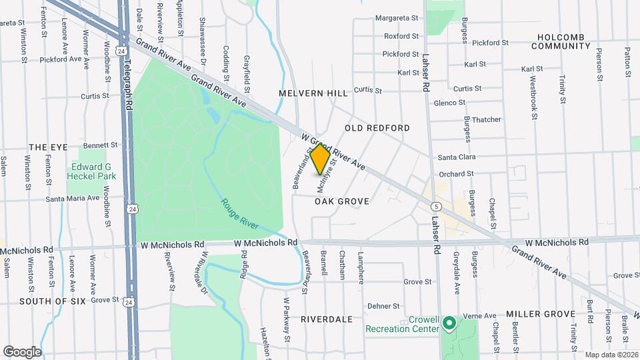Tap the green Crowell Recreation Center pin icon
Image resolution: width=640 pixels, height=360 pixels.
point(449,324)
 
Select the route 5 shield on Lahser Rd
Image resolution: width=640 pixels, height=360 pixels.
point(435,207)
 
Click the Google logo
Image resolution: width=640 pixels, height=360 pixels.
point(22,351)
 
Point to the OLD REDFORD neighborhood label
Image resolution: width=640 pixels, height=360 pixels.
point(377,127)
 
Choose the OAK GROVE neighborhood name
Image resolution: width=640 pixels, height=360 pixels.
point(342,201)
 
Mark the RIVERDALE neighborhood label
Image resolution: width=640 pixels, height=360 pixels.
point(327,319)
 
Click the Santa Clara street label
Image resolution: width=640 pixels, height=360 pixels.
point(457,157)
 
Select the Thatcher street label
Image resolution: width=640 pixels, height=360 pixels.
point(487,119)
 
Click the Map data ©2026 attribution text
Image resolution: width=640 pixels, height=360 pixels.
point(610,354)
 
